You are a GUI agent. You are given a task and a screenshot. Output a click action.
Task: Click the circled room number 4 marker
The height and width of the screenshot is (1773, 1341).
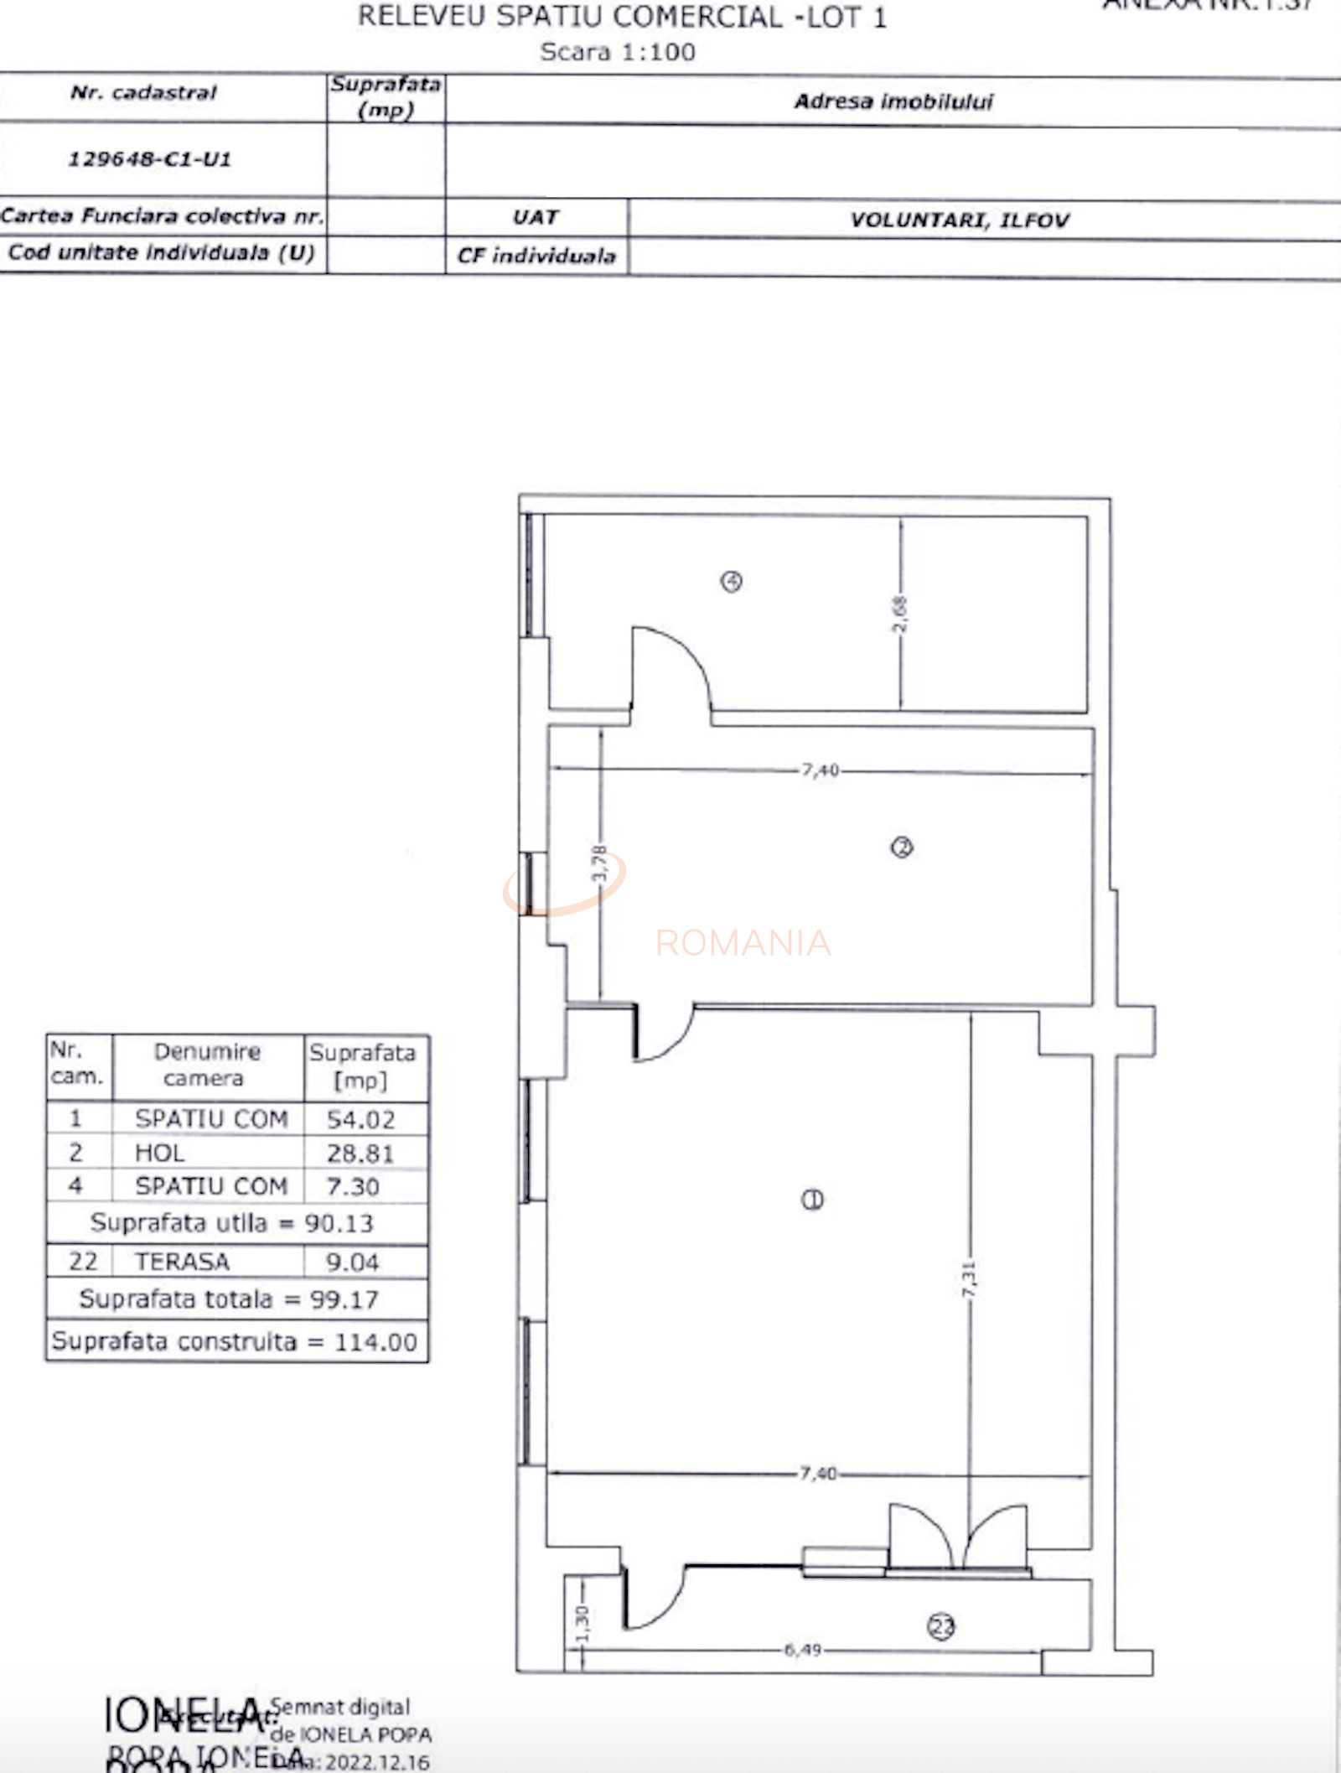(731, 581)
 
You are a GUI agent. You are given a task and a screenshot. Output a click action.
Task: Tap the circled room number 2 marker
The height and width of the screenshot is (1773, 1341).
(902, 848)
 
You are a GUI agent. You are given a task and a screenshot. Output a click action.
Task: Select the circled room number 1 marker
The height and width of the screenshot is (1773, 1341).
(812, 1200)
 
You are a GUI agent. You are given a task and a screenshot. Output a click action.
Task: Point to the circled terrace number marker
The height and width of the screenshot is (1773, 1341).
(940, 1626)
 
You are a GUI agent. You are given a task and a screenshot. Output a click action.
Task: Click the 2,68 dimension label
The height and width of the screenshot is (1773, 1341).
(899, 614)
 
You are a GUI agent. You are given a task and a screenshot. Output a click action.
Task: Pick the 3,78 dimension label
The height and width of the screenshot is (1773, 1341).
(598, 863)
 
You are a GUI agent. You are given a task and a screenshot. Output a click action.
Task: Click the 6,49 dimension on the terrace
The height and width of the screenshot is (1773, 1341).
(802, 1650)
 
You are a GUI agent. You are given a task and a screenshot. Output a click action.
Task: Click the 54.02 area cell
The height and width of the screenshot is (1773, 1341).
(361, 1119)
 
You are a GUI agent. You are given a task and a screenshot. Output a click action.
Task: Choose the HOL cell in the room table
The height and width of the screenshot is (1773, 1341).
(159, 1153)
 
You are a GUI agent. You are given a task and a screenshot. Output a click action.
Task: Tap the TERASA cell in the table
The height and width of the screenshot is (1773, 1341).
(182, 1262)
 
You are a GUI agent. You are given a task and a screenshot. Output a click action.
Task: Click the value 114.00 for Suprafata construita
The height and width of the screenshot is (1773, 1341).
(375, 1342)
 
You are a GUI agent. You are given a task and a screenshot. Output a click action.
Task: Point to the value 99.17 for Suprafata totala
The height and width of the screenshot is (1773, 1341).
(344, 1299)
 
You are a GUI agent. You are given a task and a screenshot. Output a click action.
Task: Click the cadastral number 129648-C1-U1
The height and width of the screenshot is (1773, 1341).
(149, 159)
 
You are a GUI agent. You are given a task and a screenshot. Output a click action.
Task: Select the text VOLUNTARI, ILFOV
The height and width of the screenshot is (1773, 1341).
(960, 220)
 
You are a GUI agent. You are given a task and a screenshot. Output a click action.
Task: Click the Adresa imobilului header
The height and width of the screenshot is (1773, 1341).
(893, 101)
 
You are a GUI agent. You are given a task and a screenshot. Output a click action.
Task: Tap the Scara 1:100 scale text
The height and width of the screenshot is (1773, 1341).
(618, 52)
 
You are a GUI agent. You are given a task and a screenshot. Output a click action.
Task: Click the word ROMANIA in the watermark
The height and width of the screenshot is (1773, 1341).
(743, 943)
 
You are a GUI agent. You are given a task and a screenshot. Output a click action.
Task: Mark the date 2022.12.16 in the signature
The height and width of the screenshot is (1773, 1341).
(377, 1761)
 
